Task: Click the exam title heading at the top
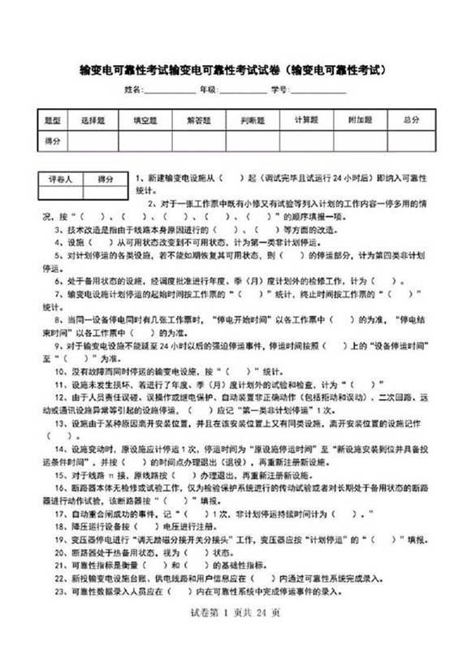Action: [x=235, y=70]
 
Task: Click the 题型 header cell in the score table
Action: [x=53, y=120]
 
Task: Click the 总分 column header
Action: [x=412, y=120]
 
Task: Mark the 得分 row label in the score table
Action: [x=53, y=141]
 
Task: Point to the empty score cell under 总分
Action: [x=412, y=141]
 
